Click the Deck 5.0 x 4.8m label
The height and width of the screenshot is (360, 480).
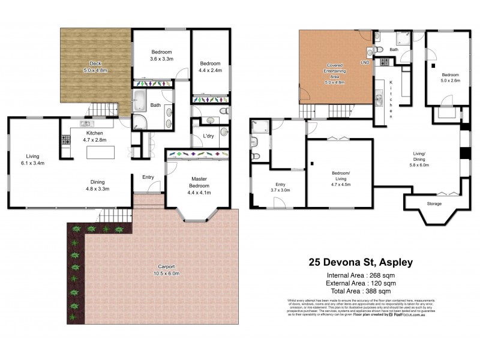point(95,67)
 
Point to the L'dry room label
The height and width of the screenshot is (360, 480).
point(208,136)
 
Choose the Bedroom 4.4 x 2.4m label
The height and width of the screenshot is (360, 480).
point(211,67)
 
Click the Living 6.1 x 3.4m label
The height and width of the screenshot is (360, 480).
point(32,159)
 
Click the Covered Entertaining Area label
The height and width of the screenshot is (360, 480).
point(339,70)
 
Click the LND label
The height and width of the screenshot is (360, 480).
point(364,62)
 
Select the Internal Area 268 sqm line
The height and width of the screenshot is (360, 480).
point(361,275)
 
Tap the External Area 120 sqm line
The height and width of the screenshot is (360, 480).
point(361,283)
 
